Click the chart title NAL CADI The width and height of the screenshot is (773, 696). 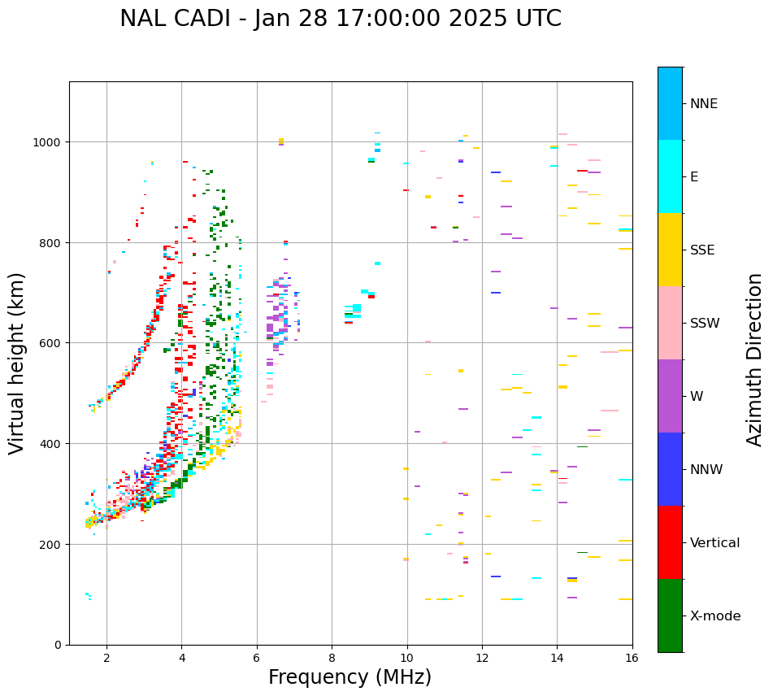click(x=340, y=19)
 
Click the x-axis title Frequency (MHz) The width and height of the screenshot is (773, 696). click(x=350, y=677)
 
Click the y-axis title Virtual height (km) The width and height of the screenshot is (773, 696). click(x=18, y=363)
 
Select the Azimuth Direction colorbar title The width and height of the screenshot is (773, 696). click(x=755, y=359)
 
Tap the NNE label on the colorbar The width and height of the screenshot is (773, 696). click(x=704, y=103)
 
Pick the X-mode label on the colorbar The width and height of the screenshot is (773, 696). click(x=715, y=616)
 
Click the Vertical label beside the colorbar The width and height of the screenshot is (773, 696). click(x=715, y=543)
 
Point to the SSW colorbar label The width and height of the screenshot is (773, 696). click(x=705, y=323)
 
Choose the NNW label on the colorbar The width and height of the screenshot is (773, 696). click(x=706, y=469)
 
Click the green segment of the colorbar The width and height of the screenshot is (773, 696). click(x=670, y=616)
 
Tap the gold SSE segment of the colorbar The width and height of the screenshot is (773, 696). click(x=670, y=250)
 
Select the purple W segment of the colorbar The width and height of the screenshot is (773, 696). click(x=670, y=396)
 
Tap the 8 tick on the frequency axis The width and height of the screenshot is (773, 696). click(x=332, y=658)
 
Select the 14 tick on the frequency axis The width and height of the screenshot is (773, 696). click(x=557, y=658)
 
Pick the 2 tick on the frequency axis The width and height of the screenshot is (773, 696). click(x=106, y=658)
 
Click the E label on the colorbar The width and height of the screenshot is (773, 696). click(x=694, y=176)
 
